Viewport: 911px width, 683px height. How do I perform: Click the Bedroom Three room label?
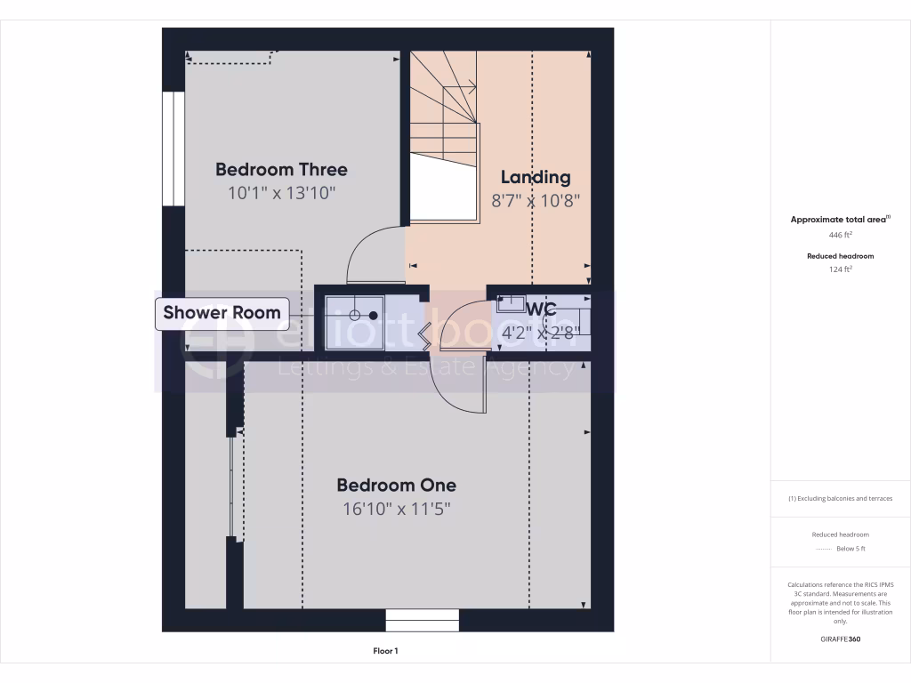pyautogui.click(x=281, y=169)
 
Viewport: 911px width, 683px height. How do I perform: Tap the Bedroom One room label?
pyautogui.click(x=396, y=485)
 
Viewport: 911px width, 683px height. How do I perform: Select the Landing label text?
pyautogui.click(x=535, y=177)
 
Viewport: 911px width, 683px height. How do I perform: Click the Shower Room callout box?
pyautogui.click(x=222, y=313)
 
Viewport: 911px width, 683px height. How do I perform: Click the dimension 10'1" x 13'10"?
pyautogui.click(x=281, y=193)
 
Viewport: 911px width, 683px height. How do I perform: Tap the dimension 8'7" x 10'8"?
pyautogui.click(x=536, y=201)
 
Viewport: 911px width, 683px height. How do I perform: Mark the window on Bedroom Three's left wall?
pyautogui.click(x=173, y=149)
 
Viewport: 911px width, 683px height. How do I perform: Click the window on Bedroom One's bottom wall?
pyautogui.click(x=422, y=620)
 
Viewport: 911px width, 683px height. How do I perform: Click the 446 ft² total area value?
pyautogui.click(x=841, y=235)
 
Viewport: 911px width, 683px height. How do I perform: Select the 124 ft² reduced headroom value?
pyautogui.click(x=841, y=269)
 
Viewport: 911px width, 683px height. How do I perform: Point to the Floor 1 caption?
pyautogui.click(x=385, y=651)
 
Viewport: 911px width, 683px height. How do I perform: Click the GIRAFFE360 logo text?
pyautogui.click(x=841, y=639)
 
